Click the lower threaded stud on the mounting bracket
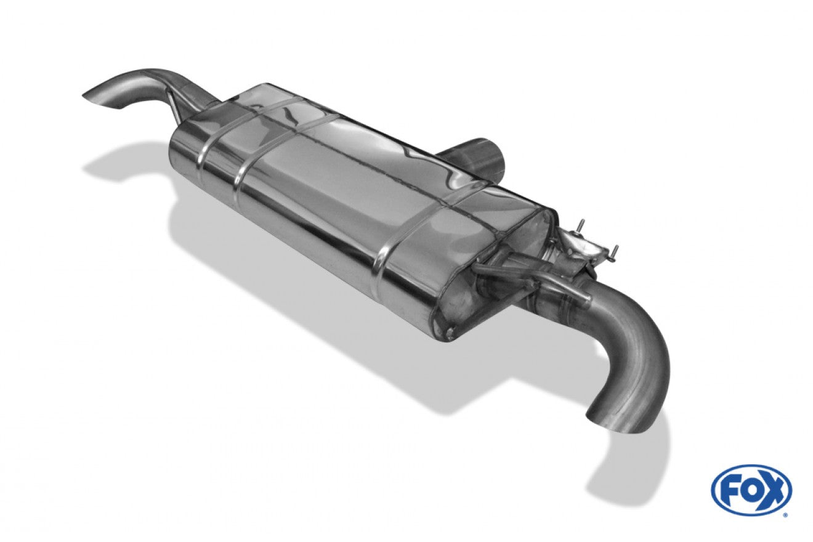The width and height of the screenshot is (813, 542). [x=615, y=251]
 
